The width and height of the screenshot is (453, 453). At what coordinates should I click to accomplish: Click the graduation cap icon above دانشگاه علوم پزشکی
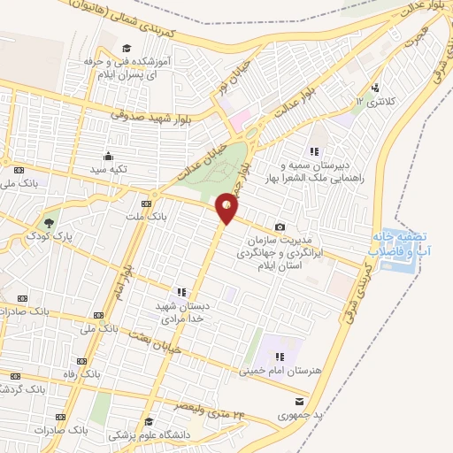[x=149, y=421]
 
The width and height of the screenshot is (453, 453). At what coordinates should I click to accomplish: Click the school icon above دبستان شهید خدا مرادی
[x=182, y=291]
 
